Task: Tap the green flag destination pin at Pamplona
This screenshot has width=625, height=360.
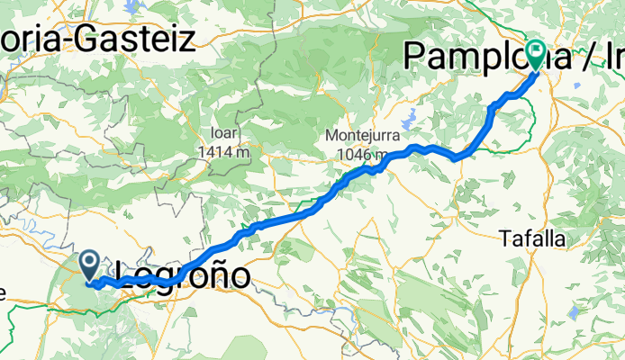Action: point(536,55)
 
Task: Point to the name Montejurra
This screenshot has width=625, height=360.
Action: point(363,136)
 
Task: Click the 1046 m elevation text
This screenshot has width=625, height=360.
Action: point(363,155)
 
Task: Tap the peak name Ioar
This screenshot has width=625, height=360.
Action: point(224,138)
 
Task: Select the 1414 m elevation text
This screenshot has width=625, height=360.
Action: point(224,153)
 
